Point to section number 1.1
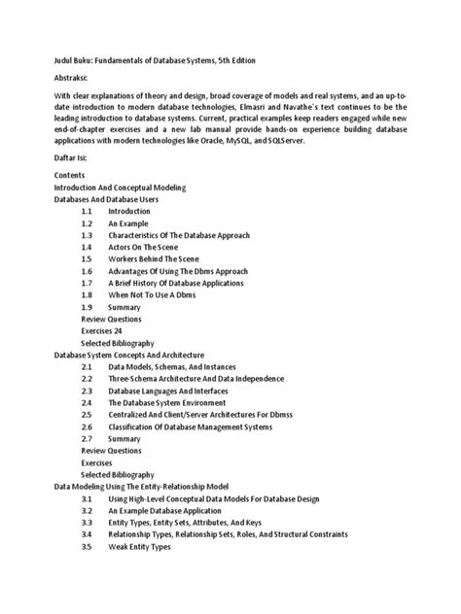[x=87, y=211]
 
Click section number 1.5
[x=87, y=260]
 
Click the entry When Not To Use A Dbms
[x=160, y=294]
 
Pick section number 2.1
[x=87, y=366]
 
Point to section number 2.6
[x=87, y=426]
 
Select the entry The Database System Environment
[x=167, y=402]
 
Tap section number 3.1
[x=87, y=498]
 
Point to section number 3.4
[x=87, y=534]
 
